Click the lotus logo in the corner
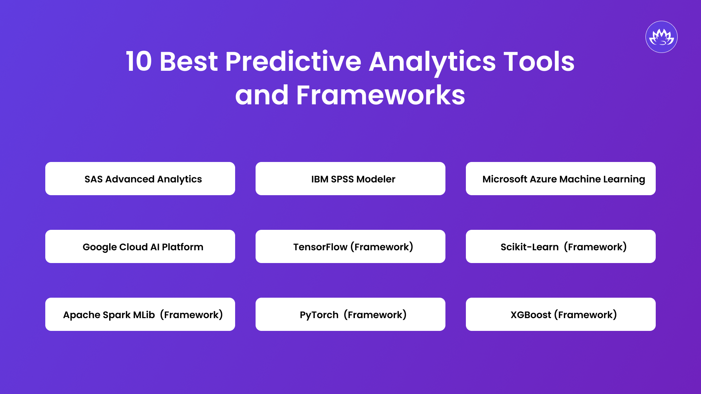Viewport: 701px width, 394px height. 661,37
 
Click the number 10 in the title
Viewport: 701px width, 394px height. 139,61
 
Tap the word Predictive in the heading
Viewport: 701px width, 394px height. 293,61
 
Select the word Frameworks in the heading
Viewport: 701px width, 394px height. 380,95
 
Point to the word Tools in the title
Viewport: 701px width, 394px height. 539,61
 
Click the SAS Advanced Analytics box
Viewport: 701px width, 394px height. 140,179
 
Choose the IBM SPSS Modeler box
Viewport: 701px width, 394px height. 350,179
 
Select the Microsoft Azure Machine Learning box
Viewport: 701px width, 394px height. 561,179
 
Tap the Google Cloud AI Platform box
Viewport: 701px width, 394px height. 140,247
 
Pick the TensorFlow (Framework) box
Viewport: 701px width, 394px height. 350,247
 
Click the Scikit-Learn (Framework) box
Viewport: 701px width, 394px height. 561,247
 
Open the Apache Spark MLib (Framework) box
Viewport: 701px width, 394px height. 140,314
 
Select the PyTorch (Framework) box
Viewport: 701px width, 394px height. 350,314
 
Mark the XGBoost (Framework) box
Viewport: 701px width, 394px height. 561,314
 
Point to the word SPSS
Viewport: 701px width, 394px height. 342,179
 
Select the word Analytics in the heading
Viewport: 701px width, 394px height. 432,61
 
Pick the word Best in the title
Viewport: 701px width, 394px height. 188,61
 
